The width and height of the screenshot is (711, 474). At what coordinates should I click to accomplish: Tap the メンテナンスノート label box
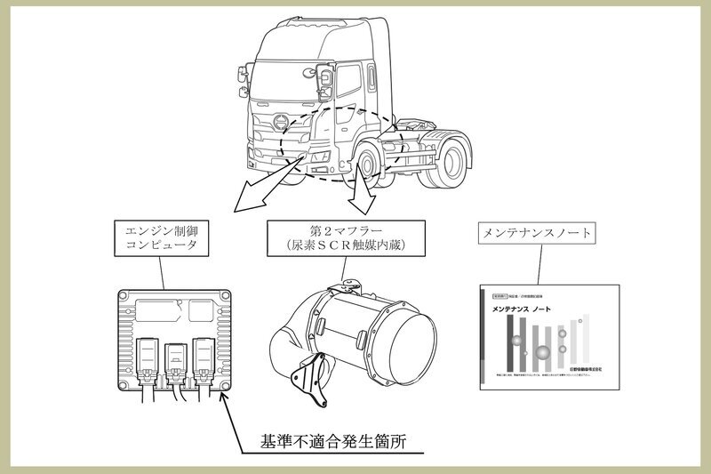pyautogui.click(x=536, y=233)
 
